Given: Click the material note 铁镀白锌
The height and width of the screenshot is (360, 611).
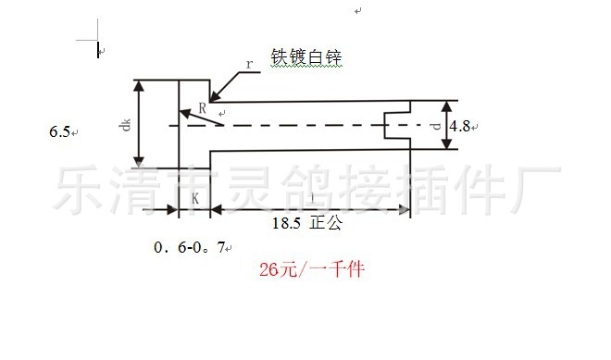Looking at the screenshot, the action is click(306, 57).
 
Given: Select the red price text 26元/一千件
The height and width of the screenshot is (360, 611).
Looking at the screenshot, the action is click(313, 270).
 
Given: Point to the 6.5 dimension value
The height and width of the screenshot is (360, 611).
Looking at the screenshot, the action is click(59, 132).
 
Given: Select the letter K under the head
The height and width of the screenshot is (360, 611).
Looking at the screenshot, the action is click(195, 199).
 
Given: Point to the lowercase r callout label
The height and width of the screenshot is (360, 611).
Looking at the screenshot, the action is click(249, 64).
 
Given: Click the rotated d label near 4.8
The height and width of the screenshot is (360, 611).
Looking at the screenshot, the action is click(436, 125).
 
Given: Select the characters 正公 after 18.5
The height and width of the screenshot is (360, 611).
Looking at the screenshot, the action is click(327, 223).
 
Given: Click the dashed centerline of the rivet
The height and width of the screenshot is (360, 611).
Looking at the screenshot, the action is click(305, 125).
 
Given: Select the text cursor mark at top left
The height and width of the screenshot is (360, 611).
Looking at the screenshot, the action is click(99, 48).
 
